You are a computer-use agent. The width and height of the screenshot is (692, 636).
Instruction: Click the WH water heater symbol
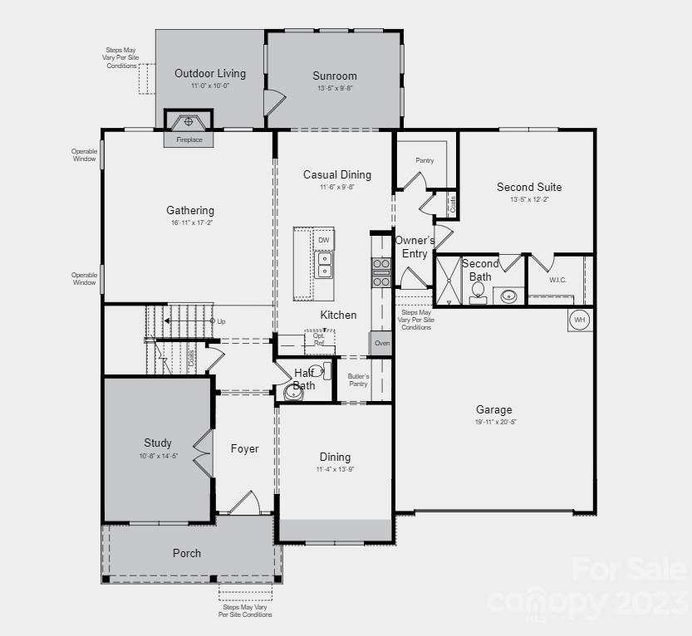tap(580, 319)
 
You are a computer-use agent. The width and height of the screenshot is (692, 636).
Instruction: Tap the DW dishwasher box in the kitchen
tap(324, 240)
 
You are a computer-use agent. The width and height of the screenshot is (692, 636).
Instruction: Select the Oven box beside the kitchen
tap(381, 343)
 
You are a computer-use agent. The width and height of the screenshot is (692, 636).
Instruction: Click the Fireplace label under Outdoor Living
tap(189, 140)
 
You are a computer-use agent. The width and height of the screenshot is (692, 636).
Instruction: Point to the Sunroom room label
tap(335, 76)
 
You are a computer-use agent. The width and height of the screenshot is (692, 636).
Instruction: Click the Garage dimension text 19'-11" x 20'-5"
tap(494, 422)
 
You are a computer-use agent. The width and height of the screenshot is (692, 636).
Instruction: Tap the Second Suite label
tap(529, 188)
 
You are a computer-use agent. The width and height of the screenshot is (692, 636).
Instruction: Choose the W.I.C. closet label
tap(557, 280)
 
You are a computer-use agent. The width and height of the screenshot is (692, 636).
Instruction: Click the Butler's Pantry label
tap(358, 380)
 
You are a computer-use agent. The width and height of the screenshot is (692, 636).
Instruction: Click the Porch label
tap(187, 553)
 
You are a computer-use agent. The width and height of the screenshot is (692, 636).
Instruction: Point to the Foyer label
tap(244, 449)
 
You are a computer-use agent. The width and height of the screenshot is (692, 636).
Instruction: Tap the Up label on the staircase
tap(221, 321)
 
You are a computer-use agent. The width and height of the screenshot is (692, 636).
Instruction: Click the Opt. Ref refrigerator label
tap(319, 340)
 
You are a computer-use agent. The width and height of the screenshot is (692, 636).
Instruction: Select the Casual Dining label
tap(336, 175)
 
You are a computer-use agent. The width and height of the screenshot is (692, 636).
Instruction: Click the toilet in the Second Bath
tap(479, 291)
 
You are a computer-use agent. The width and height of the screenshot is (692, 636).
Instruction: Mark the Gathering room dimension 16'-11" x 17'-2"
tap(190, 223)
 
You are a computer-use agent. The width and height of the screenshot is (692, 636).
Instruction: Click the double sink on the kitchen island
tap(324, 265)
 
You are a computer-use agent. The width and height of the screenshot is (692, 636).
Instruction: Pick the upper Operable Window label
tap(84, 154)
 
